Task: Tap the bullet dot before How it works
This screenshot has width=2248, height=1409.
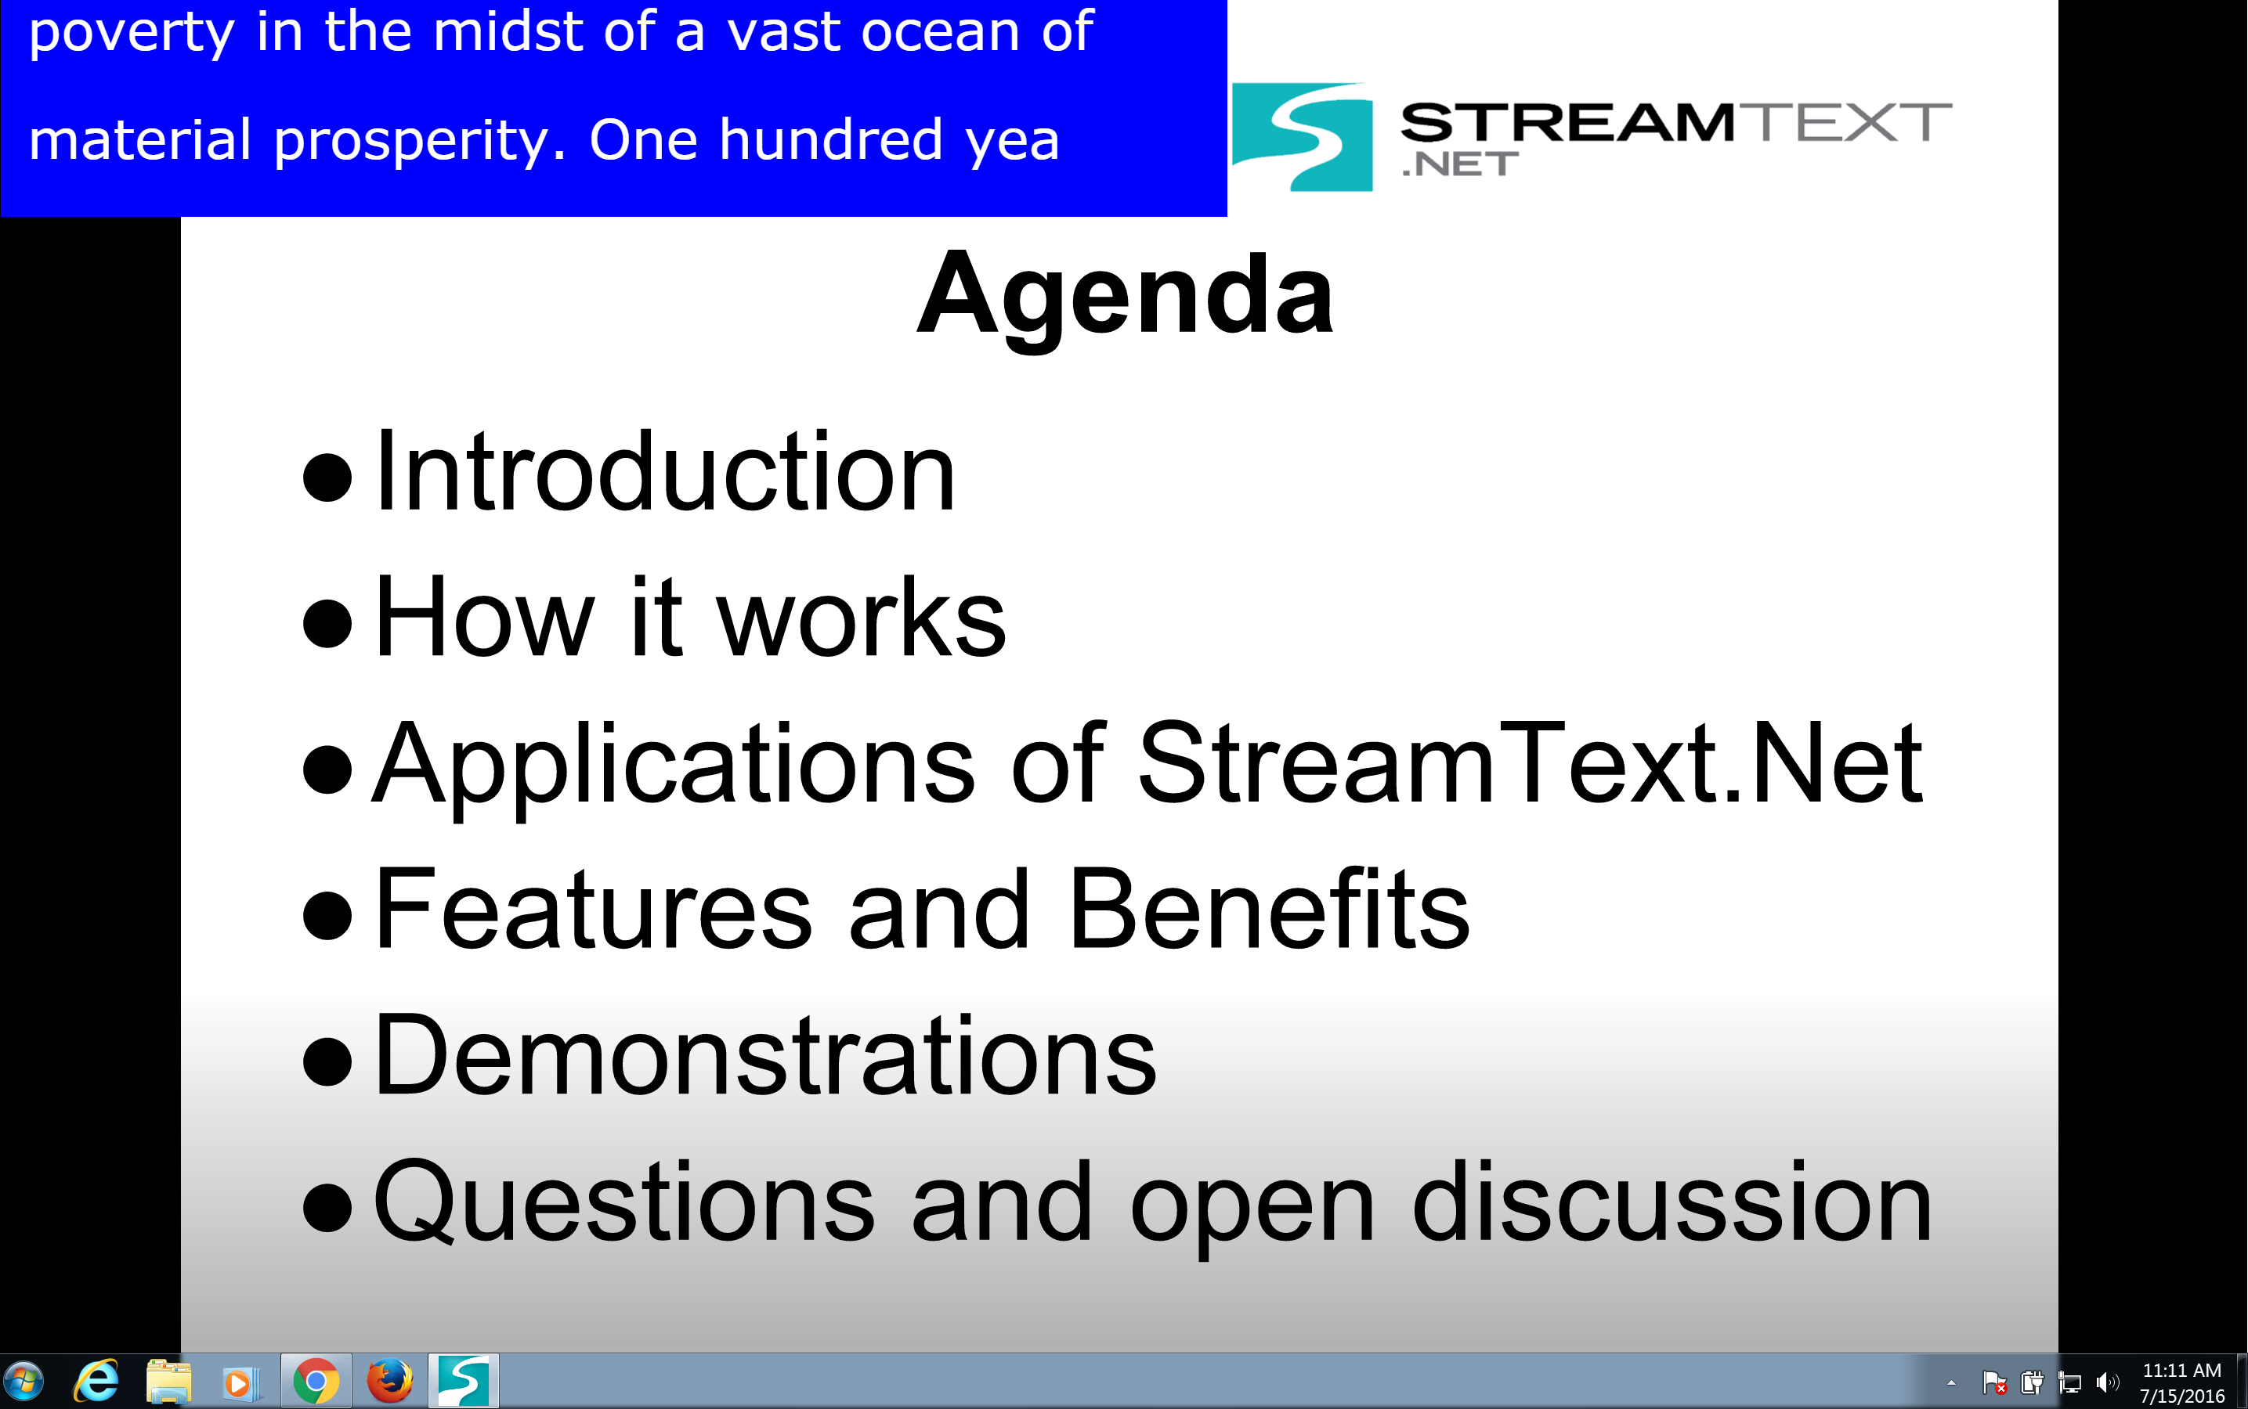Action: [x=327, y=622]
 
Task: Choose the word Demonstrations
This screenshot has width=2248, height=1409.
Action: [x=764, y=1055]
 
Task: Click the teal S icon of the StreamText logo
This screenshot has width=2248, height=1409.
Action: [x=1302, y=137]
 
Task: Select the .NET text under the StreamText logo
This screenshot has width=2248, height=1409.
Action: [x=1459, y=165]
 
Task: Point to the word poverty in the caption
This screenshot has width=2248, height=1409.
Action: [x=132, y=34]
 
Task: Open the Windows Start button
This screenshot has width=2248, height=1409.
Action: [x=23, y=1381]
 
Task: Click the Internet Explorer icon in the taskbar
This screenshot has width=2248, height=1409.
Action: [x=96, y=1381]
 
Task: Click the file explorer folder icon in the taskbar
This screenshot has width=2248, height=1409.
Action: [x=168, y=1381]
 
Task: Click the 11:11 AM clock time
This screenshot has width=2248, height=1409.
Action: [x=2181, y=1370]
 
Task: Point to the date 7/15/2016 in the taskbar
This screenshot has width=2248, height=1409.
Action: [x=2181, y=1396]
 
